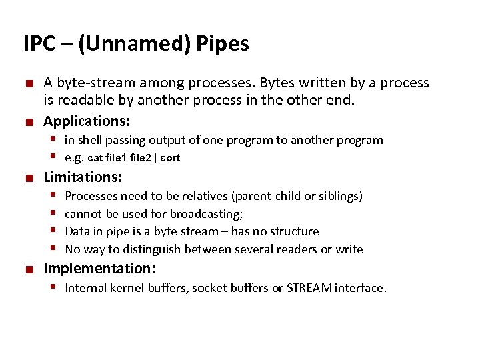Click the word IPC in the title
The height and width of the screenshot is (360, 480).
pyautogui.click(x=38, y=44)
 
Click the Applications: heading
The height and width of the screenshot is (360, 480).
pyautogui.click(x=87, y=121)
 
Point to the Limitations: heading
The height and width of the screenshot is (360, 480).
pyautogui.click(x=83, y=177)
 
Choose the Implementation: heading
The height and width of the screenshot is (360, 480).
pyautogui.click(x=99, y=269)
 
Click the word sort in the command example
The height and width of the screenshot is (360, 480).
pyautogui.click(x=170, y=158)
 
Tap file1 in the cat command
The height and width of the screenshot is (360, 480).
pyautogui.click(x=117, y=158)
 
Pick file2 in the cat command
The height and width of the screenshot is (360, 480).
pyautogui.click(x=141, y=158)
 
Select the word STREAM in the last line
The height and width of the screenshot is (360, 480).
pyautogui.click(x=308, y=288)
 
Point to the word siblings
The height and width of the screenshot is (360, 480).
pyautogui.click(x=338, y=196)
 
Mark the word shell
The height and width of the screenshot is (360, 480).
pyautogui.click(x=90, y=140)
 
